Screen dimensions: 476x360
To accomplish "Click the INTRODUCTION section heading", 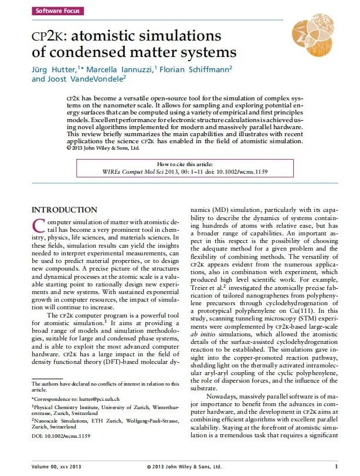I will [64, 210].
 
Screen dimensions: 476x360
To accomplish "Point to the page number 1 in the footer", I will [336, 467].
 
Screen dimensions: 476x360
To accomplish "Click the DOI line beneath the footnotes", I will [61, 436].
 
